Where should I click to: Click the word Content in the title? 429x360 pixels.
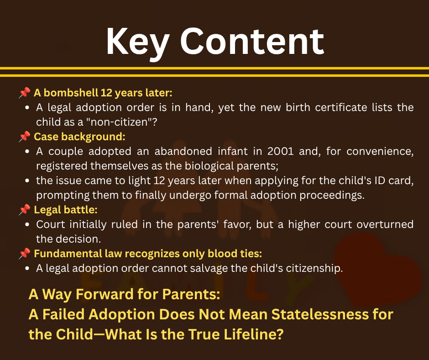pyautogui.click(x=252, y=41)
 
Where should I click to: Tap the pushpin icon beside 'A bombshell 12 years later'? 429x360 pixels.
pyautogui.click(x=25, y=93)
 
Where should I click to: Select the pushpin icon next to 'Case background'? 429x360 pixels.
pyautogui.click(x=25, y=137)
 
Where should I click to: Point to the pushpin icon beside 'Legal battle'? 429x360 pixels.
pyautogui.click(x=25, y=210)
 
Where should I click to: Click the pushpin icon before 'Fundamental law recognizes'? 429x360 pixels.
pyautogui.click(x=25, y=254)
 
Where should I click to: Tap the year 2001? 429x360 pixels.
pyautogui.click(x=280, y=151)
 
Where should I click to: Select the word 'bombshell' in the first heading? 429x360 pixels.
pyautogui.click(x=71, y=93)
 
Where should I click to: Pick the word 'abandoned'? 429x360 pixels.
pyautogui.click(x=183, y=151)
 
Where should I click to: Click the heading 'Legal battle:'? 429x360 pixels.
pyautogui.click(x=66, y=210)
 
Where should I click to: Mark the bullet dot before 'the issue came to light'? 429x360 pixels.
pyautogui.click(x=27, y=180)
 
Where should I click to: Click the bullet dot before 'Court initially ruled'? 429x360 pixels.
pyautogui.click(x=27, y=224)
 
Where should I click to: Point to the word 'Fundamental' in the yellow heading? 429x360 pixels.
pyautogui.click(x=68, y=254)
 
